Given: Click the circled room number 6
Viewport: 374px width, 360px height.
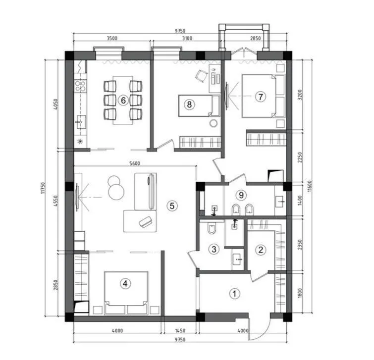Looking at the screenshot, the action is click(123, 101).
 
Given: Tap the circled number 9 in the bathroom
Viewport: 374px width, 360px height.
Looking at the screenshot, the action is click(241, 195).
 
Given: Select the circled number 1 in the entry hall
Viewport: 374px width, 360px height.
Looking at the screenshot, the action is click(234, 294).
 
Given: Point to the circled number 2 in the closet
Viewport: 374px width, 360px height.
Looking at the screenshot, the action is click(261, 250).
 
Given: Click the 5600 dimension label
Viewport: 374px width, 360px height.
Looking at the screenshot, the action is click(135, 163).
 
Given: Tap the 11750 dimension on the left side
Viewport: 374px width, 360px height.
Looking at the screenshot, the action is click(43, 188).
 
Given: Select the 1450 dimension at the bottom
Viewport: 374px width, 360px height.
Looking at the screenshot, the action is click(180, 331).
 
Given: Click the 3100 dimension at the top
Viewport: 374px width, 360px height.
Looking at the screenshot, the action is click(187, 38).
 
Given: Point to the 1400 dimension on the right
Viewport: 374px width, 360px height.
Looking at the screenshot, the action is click(300, 200).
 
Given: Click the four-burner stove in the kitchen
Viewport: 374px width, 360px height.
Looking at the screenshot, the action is click(80, 86).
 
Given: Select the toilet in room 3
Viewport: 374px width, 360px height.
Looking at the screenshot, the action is click(212, 228).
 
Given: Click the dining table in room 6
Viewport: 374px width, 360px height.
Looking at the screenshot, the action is click(123, 100).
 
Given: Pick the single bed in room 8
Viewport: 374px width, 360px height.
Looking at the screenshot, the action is click(199, 105).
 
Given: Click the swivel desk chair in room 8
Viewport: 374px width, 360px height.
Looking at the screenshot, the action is click(201, 76).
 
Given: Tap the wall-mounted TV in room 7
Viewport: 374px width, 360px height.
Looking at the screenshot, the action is click(227, 96).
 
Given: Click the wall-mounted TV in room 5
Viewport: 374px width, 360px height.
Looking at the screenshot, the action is click(77, 197).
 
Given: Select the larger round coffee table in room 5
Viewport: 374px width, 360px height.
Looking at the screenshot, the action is click(116, 192).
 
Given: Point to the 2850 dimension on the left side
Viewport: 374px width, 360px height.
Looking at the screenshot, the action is click(55, 285).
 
